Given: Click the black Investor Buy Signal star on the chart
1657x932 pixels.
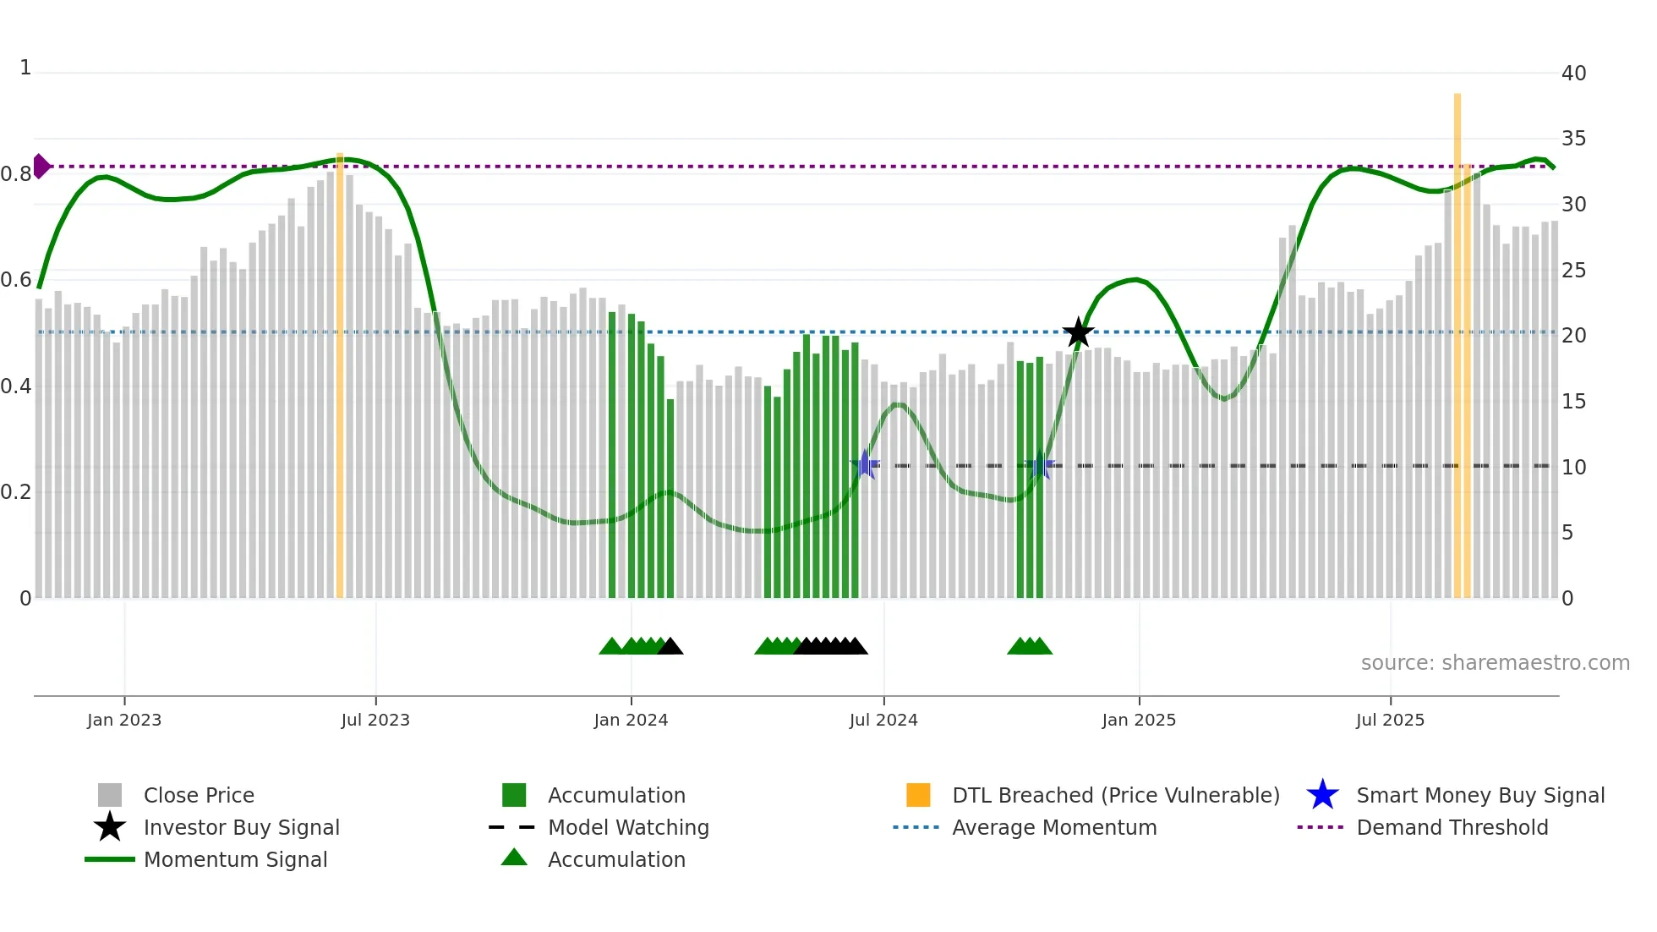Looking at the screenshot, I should point(1078,332).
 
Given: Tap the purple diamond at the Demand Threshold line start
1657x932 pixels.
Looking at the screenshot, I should point(41,167).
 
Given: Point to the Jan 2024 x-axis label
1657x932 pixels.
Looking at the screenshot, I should point(631,721).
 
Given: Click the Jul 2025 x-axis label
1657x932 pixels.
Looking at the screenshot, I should point(1390,721).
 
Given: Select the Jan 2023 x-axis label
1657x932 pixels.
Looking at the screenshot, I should point(124,721).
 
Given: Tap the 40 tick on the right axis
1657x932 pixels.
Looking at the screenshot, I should point(1573,74).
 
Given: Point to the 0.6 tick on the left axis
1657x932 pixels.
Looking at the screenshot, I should point(16,280).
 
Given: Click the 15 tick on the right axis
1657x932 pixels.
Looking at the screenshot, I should point(1573,402).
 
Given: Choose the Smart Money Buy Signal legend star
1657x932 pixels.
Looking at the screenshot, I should point(1322,795).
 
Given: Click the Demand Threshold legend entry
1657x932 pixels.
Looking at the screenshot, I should point(1452,827).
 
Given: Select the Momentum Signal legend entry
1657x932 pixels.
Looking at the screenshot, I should point(235,859).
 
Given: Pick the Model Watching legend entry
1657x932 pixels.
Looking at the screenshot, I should point(628,827).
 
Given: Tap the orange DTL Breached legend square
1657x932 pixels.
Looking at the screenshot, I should point(918,795).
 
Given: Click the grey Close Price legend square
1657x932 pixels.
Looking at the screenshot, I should point(110,795).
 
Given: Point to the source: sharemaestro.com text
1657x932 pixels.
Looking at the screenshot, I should point(1495,663).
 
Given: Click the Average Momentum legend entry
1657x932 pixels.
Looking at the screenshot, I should point(1054,827).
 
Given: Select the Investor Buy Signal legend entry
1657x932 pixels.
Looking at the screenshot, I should point(241,827).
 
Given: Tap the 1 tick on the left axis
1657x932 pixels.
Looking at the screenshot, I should point(25,68).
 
